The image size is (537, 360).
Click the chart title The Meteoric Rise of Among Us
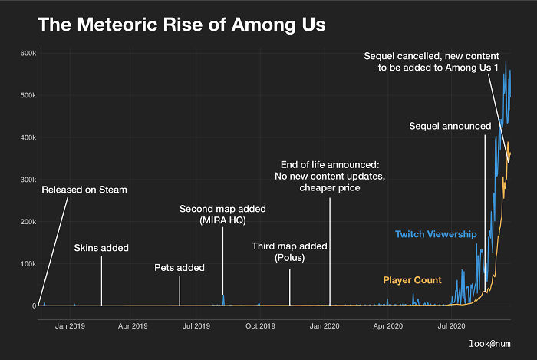tap(182, 25)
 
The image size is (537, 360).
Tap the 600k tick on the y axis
tap(28, 53)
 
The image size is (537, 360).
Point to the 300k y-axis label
tap(28, 180)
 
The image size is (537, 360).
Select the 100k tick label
tap(28, 264)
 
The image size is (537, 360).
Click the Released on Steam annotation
tap(84, 190)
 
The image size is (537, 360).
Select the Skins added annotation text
tap(101, 248)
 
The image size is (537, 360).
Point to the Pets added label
tap(180, 268)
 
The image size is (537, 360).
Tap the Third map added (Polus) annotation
tap(289, 252)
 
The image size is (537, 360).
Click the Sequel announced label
tap(450, 125)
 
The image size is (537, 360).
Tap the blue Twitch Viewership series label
tap(436, 233)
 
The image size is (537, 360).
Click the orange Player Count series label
tap(412, 280)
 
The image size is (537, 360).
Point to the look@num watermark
tap(490, 345)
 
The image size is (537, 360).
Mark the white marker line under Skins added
tap(101, 280)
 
